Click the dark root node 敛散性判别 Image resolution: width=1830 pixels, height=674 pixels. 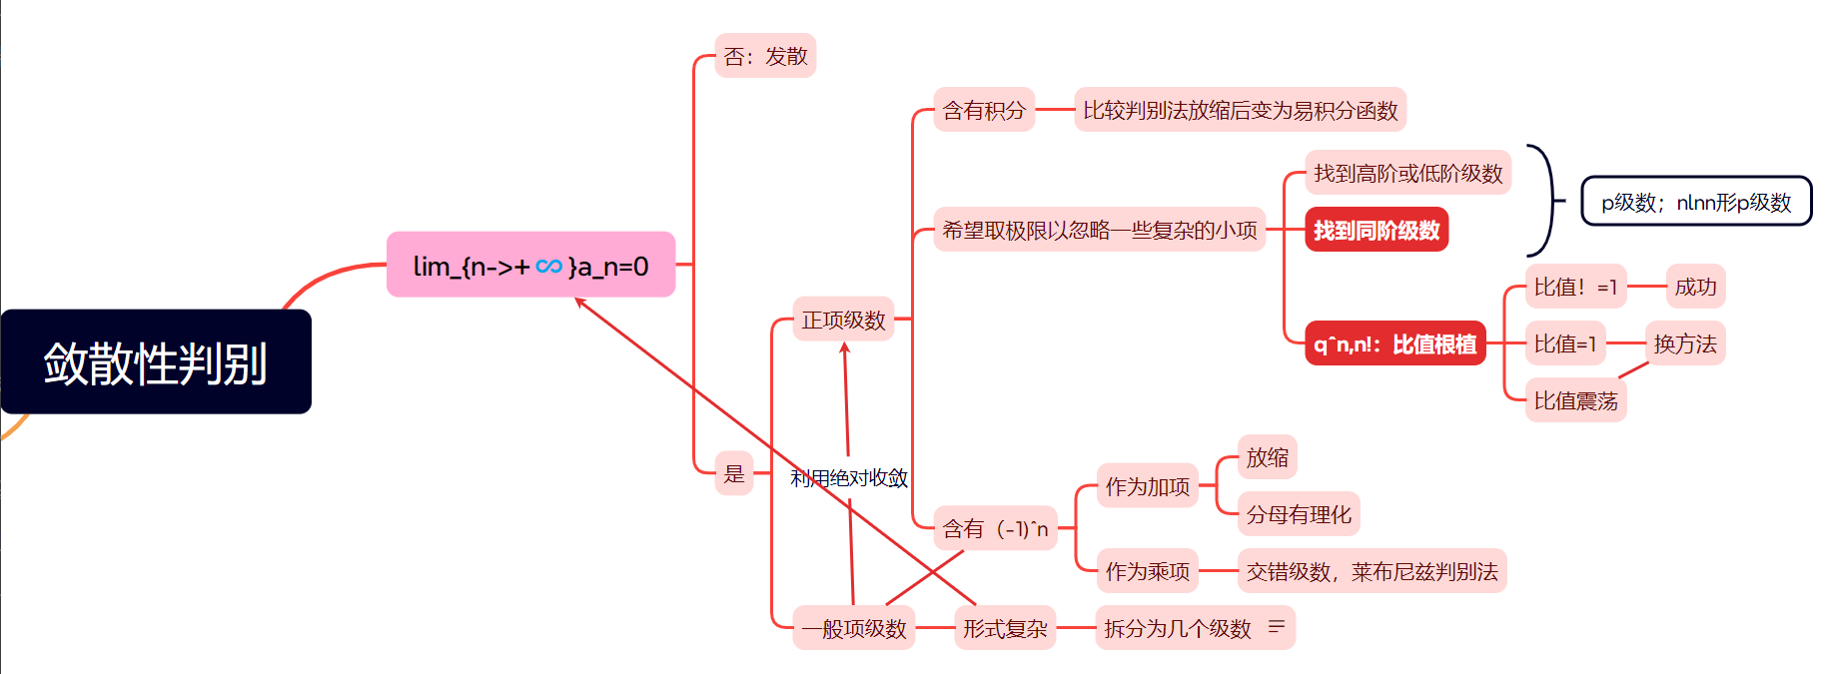[156, 361]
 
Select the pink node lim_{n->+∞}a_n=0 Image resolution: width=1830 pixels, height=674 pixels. [530, 266]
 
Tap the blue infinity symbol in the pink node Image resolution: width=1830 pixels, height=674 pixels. [548, 266]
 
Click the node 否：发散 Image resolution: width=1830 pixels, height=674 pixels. [765, 56]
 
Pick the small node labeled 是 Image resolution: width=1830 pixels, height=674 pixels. [734, 473]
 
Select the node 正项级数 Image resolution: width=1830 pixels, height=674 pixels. [843, 320]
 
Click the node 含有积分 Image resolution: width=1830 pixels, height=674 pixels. [984, 110]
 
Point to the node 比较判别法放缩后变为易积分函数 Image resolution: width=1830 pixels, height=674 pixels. [1240, 110]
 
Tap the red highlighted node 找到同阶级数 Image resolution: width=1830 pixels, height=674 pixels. [1375, 230]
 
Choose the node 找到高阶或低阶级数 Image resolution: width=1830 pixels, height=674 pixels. [1407, 173]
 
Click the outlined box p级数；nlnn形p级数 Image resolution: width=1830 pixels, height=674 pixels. [1696, 202]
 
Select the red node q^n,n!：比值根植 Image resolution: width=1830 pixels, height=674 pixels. [1394, 344]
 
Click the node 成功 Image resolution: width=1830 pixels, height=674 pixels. [1695, 287]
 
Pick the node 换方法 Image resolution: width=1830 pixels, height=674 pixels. [1684, 343]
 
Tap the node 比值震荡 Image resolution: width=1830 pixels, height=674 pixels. [1575, 400]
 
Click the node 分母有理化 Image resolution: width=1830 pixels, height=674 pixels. [1299, 514]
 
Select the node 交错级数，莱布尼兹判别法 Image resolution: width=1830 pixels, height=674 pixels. [1372, 571]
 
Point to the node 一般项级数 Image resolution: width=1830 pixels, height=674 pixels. [854, 628]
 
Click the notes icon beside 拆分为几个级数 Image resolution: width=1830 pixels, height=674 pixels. [1276, 627]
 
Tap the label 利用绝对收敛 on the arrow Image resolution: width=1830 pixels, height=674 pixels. [849, 478]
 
